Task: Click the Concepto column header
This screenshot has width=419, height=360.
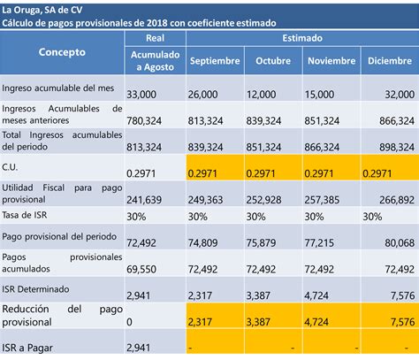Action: (x=62, y=52)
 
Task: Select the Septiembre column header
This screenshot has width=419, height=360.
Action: (x=215, y=61)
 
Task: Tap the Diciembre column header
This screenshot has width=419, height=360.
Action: (x=390, y=61)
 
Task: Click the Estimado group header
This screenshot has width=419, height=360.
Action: (x=302, y=38)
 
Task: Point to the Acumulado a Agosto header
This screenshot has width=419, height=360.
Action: (x=155, y=61)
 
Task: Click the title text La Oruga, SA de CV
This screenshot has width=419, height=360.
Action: (x=42, y=11)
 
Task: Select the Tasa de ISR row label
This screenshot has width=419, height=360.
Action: (x=25, y=215)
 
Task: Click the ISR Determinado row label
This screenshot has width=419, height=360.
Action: (x=35, y=289)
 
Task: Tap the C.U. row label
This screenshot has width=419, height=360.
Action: (x=10, y=167)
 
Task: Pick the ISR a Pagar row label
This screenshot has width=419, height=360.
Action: (x=27, y=348)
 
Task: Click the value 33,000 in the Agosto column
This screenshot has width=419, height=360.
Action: (x=141, y=95)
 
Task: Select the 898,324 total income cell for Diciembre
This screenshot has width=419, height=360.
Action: (x=397, y=147)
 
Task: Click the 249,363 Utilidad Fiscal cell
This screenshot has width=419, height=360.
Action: (x=205, y=200)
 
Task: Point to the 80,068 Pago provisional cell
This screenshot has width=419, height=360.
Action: (x=400, y=243)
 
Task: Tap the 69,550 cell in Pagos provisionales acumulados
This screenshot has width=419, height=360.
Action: (x=141, y=269)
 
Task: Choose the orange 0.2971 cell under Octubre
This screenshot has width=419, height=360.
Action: (x=261, y=173)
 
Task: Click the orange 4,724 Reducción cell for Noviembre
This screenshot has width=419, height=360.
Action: (x=316, y=322)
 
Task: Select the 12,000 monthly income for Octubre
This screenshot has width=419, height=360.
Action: (x=262, y=95)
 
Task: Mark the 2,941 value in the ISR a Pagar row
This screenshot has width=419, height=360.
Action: (x=139, y=348)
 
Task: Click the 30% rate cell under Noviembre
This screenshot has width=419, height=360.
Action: (x=314, y=217)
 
